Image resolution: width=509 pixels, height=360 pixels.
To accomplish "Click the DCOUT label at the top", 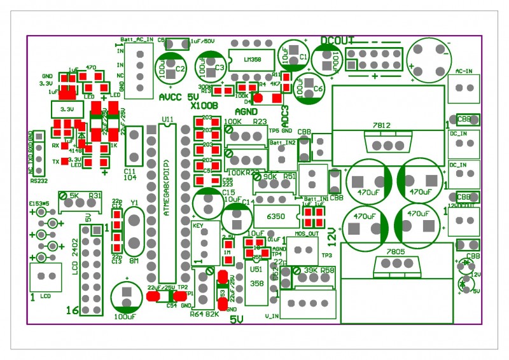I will point(337,41).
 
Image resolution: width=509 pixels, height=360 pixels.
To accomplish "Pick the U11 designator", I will point(167,119).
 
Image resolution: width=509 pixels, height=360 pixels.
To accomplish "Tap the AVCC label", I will point(170,97).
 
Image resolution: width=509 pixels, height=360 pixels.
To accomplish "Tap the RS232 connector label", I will point(39,179).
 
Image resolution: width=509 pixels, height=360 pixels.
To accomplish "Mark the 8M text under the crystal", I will point(134,260).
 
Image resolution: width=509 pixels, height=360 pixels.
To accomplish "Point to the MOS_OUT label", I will point(306,233).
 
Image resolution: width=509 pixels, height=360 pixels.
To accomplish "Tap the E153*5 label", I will point(39,204).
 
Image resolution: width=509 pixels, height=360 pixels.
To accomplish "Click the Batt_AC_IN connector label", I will point(136,39).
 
